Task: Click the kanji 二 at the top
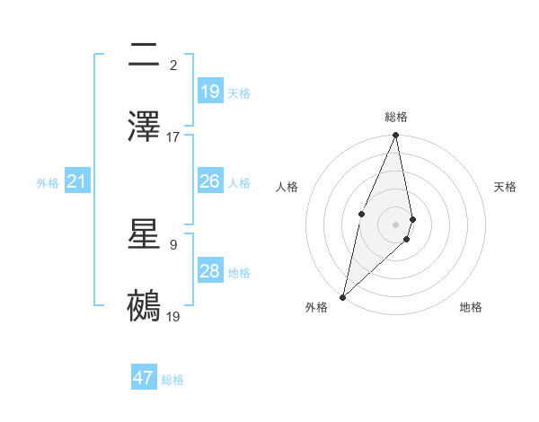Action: coord(145,55)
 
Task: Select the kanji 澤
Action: coord(145,127)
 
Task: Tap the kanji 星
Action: coord(145,235)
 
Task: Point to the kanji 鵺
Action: coord(145,306)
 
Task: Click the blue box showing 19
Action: coord(210,92)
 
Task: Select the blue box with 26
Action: coord(210,181)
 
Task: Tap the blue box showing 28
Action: coord(210,271)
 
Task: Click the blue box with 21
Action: coord(77,182)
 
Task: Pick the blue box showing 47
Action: coord(144,378)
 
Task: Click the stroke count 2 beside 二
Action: coord(173,65)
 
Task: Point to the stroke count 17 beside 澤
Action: coord(173,137)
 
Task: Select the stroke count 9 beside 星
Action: coord(173,244)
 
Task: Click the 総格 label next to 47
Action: coord(172,380)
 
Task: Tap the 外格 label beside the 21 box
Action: coord(48,183)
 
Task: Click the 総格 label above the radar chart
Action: coord(396,117)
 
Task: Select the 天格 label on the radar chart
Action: coord(506,187)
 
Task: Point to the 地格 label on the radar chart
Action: coord(471,307)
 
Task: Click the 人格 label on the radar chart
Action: coord(287,187)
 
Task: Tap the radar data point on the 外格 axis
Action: coord(342,296)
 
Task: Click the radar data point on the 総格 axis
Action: coord(396,136)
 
